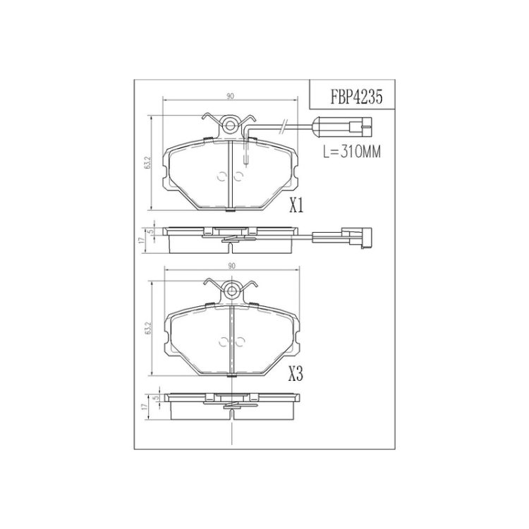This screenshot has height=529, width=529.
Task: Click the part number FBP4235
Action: point(356,97)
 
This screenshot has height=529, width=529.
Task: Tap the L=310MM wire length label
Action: point(352,152)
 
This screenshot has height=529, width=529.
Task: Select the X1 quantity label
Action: point(296,205)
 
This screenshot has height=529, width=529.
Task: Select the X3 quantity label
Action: point(296,374)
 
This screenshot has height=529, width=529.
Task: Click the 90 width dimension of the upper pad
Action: point(230,96)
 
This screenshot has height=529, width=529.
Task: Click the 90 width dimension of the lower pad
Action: point(231,266)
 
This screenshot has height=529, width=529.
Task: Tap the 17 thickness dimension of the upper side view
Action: point(142,240)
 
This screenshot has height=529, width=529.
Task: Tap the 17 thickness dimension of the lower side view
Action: point(145,407)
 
